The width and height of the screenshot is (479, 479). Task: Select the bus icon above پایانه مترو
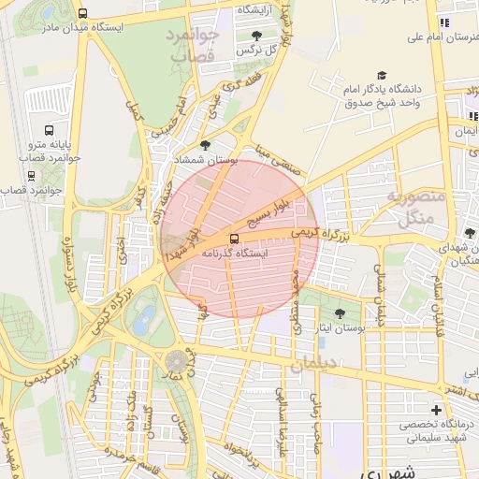(49, 130)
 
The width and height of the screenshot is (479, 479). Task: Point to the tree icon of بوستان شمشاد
(205, 145)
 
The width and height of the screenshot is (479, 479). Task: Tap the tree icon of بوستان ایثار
(339, 314)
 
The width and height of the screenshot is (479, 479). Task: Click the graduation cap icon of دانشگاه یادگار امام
(382, 75)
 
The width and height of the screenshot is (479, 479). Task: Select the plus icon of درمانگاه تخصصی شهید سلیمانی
(436, 410)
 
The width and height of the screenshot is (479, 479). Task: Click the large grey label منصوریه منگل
(409, 208)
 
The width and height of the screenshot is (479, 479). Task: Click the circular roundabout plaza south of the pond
(175, 361)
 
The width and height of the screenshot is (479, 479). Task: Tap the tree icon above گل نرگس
(256, 36)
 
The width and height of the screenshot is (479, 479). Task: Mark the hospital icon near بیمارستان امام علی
(444, 22)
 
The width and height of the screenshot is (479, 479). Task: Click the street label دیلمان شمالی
(380, 294)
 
